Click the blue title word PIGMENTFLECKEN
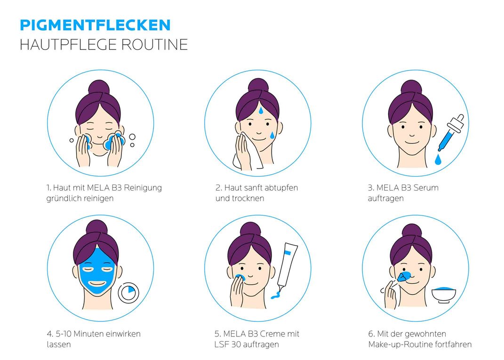point(95,24)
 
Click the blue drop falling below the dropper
point(438,160)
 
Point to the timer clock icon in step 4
point(128,293)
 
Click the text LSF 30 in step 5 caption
point(229,344)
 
